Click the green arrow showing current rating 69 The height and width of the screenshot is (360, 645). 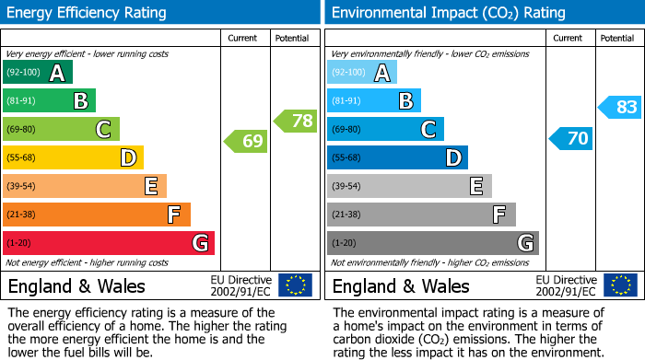[x=245, y=141]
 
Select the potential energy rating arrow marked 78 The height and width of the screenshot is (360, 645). [x=295, y=121]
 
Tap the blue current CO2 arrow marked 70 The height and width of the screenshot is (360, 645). [x=570, y=139]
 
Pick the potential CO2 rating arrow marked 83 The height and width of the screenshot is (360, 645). [x=619, y=107]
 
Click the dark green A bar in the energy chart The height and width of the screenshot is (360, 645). [x=38, y=73]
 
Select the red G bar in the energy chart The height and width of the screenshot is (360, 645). [x=109, y=243]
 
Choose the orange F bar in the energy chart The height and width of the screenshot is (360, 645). [x=97, y=215]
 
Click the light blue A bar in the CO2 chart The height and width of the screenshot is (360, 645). [x=362, y=73]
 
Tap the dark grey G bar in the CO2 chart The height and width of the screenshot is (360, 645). [x=433, y=243]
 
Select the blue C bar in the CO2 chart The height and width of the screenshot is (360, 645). [x=386, y=130]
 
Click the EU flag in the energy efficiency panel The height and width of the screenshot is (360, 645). [x=296, y=285]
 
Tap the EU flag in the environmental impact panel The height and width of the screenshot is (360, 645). [x=620, y=285]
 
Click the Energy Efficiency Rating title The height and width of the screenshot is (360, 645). [x=88, y=13]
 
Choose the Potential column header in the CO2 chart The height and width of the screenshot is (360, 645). [x=617, y=38]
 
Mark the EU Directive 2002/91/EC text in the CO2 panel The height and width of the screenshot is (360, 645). [x=566, y=285]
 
